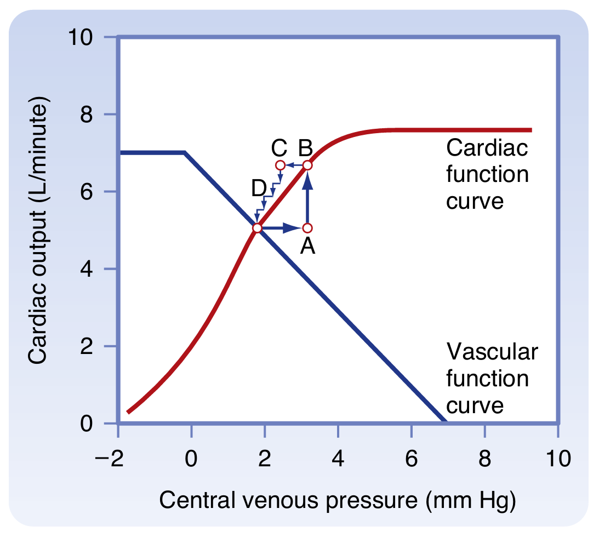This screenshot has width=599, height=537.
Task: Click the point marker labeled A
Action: point(307,227)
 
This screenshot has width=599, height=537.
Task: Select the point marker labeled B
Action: point(307,165)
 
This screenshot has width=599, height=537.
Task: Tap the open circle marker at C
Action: point(280,165)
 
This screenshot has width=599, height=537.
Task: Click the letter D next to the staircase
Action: point(259,188)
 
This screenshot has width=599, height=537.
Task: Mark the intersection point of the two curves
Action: point(256,227)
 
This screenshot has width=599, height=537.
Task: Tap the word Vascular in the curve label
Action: point(492,351)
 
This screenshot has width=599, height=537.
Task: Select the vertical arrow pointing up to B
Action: point(307,197)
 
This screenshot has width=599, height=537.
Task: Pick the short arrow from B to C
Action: point(294,165)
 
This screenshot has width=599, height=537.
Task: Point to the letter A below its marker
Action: point(308,248)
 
